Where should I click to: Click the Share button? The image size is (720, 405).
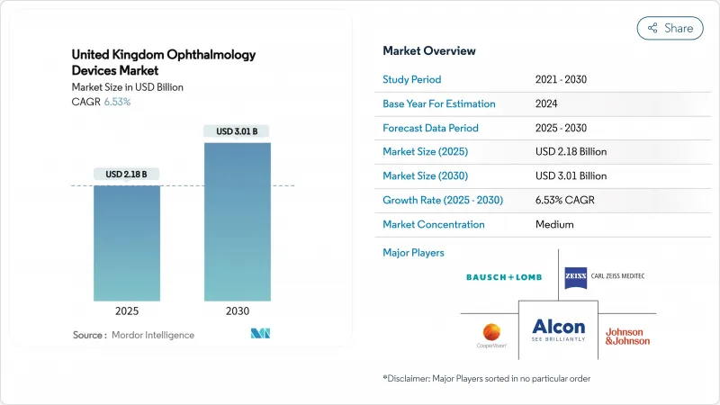point(670,28)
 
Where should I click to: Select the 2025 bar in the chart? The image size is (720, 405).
point(127,243)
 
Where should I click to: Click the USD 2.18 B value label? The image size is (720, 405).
point(127,174)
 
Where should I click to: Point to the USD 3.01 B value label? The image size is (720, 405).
point(238,131)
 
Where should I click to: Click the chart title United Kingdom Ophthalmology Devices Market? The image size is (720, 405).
point(163,62)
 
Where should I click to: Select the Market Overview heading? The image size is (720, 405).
point(429,50)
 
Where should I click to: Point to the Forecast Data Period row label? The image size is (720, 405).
point(430,128)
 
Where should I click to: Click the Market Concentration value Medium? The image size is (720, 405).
point(554,224)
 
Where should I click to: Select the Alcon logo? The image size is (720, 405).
point(558,329)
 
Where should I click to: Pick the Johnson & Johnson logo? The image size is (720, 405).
point(627,336)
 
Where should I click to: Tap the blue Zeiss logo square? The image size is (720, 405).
point(576,277)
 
